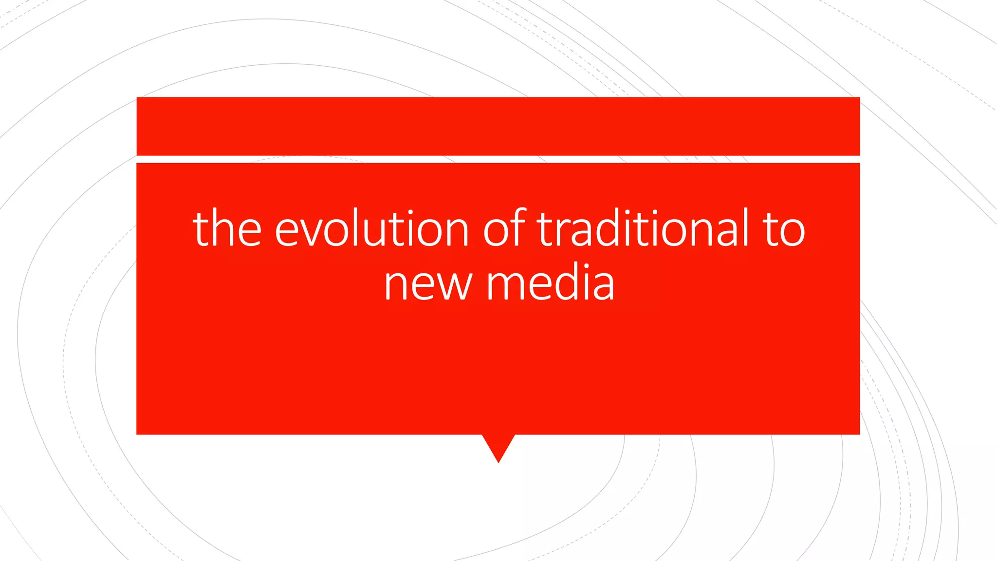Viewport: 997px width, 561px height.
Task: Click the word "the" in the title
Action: coord(227,228)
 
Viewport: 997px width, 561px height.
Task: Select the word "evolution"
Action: coord(371,228)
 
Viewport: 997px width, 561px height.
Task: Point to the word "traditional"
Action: coord(643,228)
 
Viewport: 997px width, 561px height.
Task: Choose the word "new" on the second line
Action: coord(428,283)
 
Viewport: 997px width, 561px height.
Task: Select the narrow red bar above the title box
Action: coord(498,126)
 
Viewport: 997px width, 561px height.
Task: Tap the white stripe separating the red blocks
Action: coord(498,159)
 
